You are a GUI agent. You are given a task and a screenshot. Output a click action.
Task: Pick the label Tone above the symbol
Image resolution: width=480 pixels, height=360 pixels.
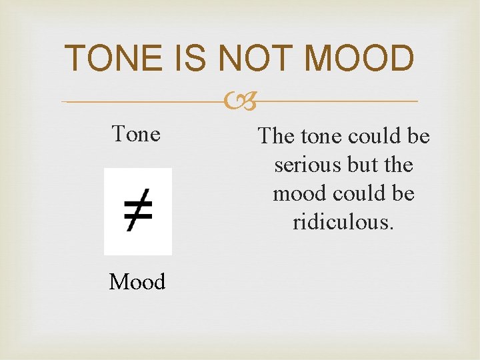[136, 134]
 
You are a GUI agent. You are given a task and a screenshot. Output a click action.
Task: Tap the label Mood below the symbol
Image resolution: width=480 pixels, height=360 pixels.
[137, 282]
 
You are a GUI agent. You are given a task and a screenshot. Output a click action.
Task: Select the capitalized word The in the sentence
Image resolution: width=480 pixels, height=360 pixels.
[276, 136]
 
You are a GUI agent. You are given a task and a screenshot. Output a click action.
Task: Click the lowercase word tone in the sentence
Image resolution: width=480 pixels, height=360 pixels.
[321, 136]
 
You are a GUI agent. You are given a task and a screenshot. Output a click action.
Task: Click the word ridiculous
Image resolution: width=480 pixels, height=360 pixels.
[343, 222]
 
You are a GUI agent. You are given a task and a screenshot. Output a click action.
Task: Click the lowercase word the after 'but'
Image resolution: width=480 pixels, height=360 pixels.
[399, 165]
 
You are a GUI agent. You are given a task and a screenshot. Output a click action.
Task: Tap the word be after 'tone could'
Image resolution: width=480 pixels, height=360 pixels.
[418, 136]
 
